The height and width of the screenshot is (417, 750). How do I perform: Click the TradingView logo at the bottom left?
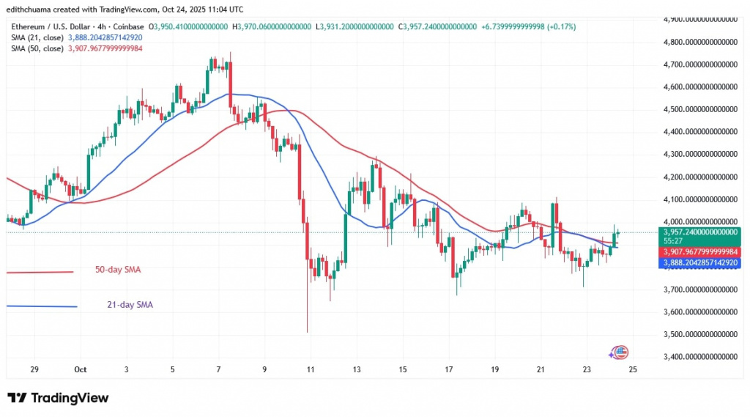click(x=58, y=398)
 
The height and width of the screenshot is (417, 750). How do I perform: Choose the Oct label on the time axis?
click(x=81, y=370)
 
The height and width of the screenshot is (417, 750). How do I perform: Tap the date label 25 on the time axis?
click(x=633, y=370)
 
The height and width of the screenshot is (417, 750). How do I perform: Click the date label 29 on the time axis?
click(x=35, y=370)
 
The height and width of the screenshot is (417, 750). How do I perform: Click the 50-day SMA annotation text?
click(x=117, y=270)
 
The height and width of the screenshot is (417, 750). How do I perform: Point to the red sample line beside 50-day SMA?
click(x=40, y=272)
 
